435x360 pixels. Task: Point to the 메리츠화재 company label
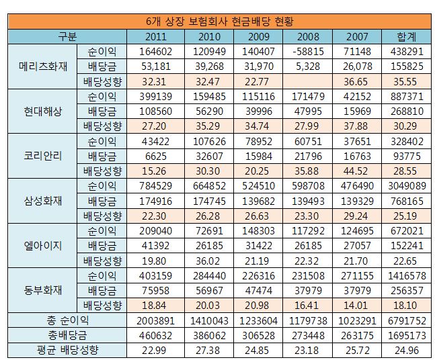click(x=41, y=66)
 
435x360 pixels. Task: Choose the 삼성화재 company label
click(x=41, y=199)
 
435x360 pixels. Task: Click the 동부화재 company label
click(x=41, y=289)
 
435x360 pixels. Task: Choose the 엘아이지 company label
click(x=41, y=244)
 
